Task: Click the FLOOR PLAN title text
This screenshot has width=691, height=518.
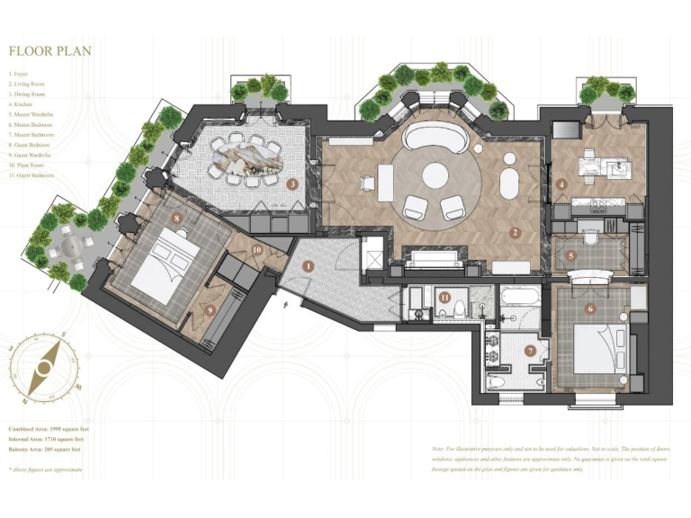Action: (x=49, y=51)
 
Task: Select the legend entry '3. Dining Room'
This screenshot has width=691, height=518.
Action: (x=28, y=94)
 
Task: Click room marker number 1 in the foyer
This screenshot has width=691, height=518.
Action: (x=308, y=266)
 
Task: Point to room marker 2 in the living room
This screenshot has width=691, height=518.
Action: (x=515, y=233)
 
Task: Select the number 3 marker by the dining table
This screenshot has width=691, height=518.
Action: (x=292, y=184)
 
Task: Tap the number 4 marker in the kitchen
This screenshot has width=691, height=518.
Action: (x=561, y=184)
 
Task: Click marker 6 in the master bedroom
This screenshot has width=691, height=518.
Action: (x=590, y=308)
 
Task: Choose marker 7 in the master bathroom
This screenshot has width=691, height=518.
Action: (x=530, y=351)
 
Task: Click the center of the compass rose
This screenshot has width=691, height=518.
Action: (x=42, y=368)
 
